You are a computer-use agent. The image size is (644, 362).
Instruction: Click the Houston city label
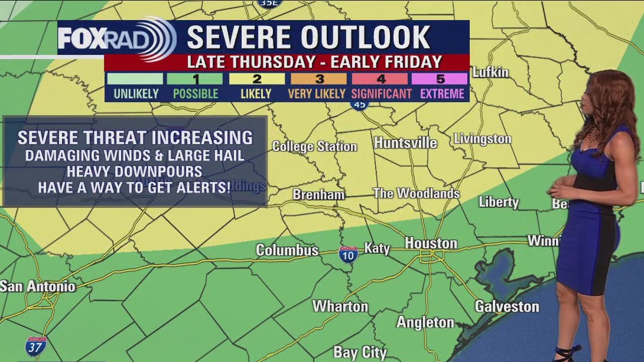pos(431,243)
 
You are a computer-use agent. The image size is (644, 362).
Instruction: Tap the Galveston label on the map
pos(507,306)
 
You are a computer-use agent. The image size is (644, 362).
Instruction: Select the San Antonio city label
pos(38,286)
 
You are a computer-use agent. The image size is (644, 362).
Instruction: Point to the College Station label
pos(314,146)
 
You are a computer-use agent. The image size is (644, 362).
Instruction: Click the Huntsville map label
pos(405,143)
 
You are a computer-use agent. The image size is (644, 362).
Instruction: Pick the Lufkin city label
pos(490,72)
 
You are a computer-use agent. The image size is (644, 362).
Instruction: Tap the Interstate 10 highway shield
pos(348,255)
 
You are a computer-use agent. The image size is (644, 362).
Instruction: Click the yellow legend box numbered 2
pos(256,79)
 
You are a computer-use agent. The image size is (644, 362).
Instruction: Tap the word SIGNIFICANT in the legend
pos(382,93)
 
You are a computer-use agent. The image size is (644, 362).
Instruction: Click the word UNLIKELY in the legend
pos(136,93)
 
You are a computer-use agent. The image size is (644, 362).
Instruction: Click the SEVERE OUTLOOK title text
pos(308,37)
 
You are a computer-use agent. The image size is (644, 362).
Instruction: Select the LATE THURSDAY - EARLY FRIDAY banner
pos(314,62)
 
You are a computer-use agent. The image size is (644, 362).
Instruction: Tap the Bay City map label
pos(360,353)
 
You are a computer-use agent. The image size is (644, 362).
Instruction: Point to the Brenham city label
pos(318,194)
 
